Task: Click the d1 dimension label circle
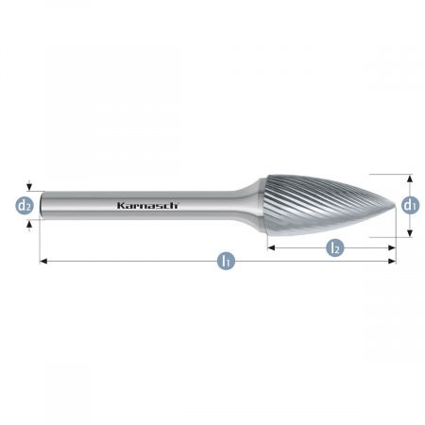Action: (410, 206)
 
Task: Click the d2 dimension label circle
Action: (25, 206)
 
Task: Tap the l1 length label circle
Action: (226, 261)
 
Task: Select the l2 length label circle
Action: (335, 247)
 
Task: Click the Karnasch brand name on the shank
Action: (147, 206)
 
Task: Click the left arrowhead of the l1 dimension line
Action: (43, 261)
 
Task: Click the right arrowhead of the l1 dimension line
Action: (392, 261)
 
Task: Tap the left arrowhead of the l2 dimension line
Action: (271, 248)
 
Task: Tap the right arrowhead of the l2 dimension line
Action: (392, 248)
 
